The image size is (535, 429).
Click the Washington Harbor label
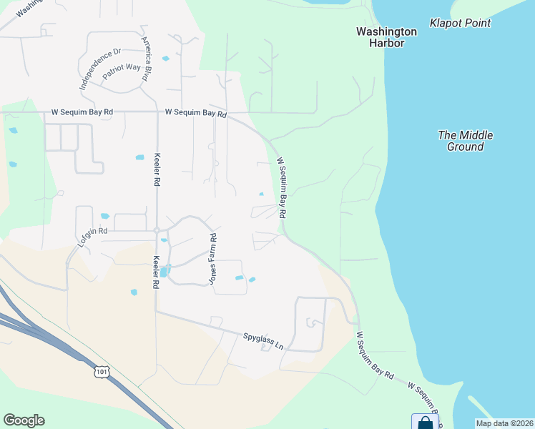pos(386,37)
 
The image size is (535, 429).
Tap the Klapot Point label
pos(460,23)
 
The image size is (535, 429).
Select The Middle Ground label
pos(466,140)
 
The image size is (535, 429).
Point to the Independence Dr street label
pos(100,67)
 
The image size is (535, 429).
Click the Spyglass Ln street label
pos(262,341)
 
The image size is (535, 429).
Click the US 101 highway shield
pos(102,371)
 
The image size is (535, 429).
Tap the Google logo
pos(24,420)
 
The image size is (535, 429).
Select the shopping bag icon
pos(424,423)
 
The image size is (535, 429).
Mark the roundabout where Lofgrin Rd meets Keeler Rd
pos(157,230)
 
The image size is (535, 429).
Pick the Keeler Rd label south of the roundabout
pos(155,272)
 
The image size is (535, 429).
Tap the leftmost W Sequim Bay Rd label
pos(83,112)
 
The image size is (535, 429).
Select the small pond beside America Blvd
pos(166,58)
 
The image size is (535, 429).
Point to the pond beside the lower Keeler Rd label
pos(165,271)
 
